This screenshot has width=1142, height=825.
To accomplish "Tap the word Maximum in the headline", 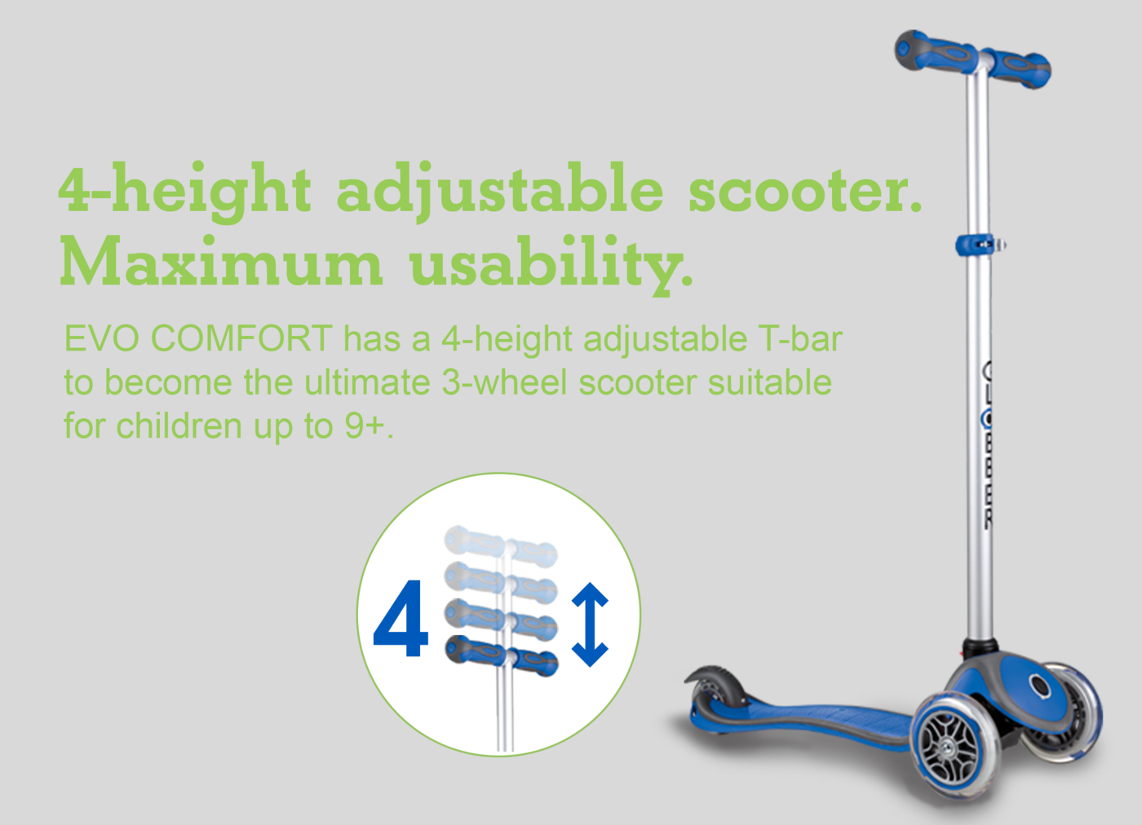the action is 221,261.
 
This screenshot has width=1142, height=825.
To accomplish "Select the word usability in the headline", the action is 551,265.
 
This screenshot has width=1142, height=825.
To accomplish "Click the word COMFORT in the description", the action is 241,338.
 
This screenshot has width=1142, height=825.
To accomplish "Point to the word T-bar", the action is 800,338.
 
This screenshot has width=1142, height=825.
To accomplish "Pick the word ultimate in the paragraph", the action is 368,382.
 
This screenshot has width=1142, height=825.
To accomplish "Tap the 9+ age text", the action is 364,426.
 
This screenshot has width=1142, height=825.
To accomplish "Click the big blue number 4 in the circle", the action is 401,618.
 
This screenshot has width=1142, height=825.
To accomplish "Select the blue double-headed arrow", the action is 590,624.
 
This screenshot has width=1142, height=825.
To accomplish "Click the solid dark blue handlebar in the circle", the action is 501,655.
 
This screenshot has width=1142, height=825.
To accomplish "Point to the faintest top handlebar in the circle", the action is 501,546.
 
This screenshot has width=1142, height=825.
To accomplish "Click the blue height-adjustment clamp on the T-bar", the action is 980,245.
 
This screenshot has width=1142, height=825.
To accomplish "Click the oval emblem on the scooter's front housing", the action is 1039,686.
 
